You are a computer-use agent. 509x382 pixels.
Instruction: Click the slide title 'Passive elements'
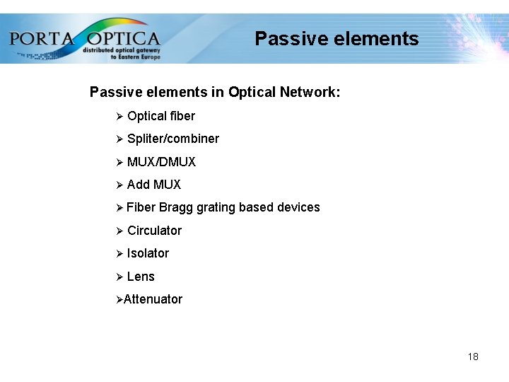click(x=337, y=38)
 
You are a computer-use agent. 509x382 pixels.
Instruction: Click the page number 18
click(x=473, y=357)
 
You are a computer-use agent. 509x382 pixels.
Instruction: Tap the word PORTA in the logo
click(x=42, y=37)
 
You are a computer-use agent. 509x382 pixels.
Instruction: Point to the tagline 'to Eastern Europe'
click(x=136, y=57)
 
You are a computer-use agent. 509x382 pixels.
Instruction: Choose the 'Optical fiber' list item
click(x=160, y=116)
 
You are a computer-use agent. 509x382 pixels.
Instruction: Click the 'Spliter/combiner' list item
click(x=172, y=139)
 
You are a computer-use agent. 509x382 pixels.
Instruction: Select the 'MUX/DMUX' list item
click(x=161, y=162)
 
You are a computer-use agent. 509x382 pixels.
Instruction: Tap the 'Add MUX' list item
click(x=153, y=185)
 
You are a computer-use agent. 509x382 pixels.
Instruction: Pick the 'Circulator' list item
click(x=154, y=231)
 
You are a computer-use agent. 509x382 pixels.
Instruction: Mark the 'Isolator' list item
click(x=148, y=253)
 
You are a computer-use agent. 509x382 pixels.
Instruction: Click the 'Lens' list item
click(x=141, y=277)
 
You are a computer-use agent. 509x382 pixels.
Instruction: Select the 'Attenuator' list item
click(x=153, y=299)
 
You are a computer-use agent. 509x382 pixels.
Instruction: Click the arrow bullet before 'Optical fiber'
click(x=119, y=116)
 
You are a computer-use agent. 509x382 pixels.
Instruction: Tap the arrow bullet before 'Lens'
click(x=119, y=277)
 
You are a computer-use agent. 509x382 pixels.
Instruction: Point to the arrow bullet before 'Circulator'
click(x=119, y=231)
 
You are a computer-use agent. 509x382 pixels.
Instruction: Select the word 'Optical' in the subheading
click(x=252, y=93)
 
